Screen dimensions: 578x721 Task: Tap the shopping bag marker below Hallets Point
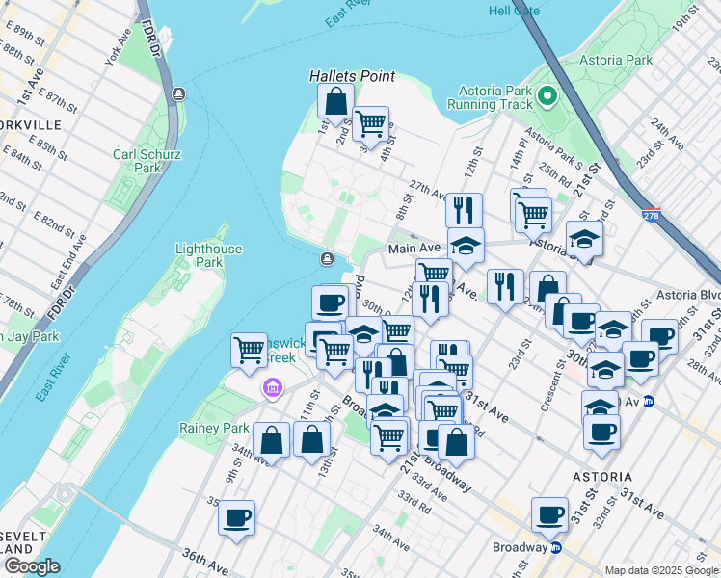coord(334,101)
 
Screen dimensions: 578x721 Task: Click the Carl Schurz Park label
coord(136,160)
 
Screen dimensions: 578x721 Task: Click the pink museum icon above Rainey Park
coord(273,387)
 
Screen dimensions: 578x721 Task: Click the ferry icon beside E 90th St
coord(178,93)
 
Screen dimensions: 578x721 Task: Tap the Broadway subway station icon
coord(556,547)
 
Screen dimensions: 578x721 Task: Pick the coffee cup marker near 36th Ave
coord(236,518)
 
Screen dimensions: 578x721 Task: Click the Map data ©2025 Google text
coord(660,570)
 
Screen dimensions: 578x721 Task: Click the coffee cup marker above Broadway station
coord(550,514)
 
